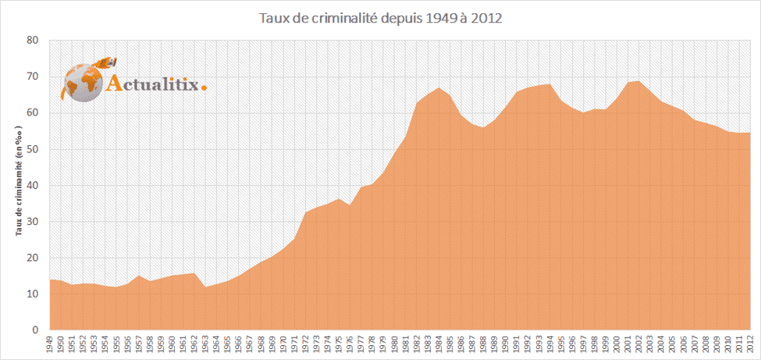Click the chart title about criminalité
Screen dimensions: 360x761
381,17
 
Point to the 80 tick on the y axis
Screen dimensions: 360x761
33,40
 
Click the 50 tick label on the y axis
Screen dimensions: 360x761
33,149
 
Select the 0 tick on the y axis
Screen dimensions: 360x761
36,330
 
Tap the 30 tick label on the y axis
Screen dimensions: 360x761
33,222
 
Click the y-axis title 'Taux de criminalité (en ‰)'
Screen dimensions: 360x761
16,185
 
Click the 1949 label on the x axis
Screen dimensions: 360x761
51,344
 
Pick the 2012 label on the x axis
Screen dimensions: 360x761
750,344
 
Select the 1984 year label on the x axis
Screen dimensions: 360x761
439,344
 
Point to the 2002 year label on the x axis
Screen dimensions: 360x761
639,344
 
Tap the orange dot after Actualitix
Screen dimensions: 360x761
204,87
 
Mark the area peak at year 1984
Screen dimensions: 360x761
439,88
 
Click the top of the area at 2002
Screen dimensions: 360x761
639,81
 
